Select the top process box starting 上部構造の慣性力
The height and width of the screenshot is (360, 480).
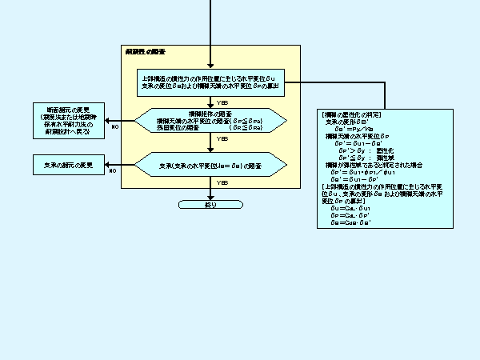211,82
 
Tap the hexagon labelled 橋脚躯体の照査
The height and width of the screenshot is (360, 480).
211,121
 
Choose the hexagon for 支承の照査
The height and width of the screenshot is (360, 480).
211,166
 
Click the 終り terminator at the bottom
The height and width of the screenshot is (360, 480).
211,205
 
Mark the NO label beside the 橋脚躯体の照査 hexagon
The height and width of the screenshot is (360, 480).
115,126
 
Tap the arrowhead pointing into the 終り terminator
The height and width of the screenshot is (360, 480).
211,197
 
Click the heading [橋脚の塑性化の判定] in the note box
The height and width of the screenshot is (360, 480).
352,115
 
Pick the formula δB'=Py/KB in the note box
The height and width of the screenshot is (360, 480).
350,128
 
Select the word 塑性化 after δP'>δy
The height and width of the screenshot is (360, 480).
385,150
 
